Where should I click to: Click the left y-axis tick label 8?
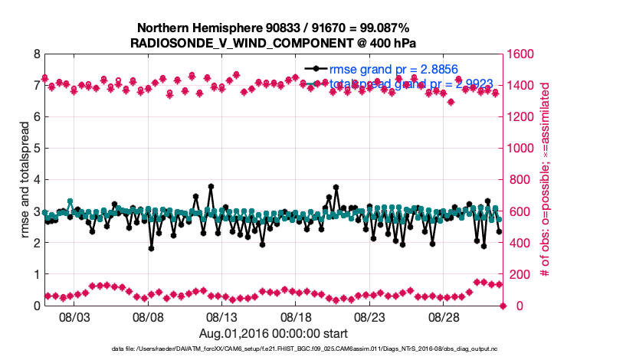pyautogui.click(x=36, y=54)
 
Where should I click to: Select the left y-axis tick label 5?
pyautogui.click(x=36, y=149)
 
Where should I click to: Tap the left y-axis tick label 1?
pyautogui.click(x=36, y=274)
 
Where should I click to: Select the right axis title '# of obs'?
pyautogui.click(x=546, y=180)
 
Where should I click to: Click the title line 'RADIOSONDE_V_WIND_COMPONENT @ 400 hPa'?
pyautogui.click(x=274, y=42)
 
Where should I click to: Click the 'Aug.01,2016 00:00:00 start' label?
pyautogui.click(x=274, y=333)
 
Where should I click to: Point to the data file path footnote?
pyautogui.click(x=317, y=349)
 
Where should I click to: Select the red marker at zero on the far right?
pyautogui.click(x=503, y=306)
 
